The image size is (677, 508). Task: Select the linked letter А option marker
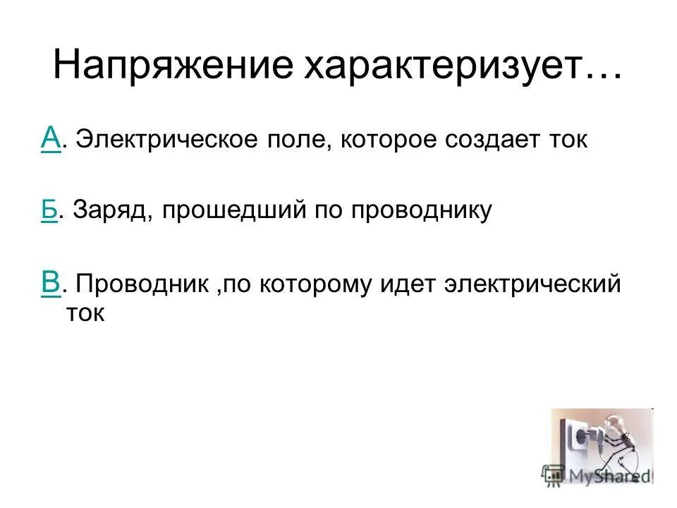49,138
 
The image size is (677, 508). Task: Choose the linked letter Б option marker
49,210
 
